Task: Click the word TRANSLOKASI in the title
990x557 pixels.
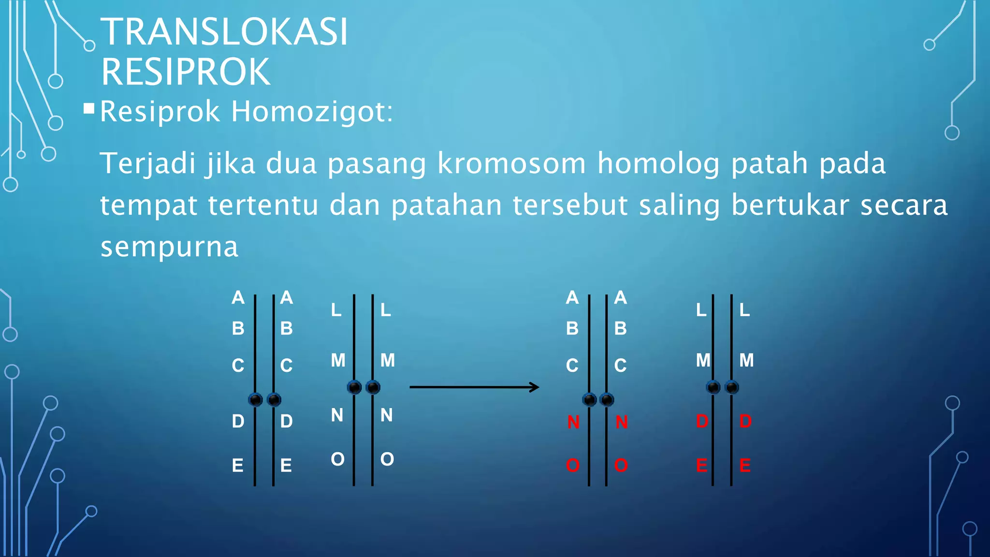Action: pyautogui.click(x=224, y=32)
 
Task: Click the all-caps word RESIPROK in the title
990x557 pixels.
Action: pyautogui.click(x=186, y=72)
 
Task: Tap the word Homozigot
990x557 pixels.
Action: pyautogui.click(x=312, y=112)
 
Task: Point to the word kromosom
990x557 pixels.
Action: pyautogui.click(x=511, y=163)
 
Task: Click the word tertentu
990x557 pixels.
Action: pyautogui.click(x=263, y=205)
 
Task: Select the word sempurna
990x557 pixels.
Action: pyautogui.click(x=169, y=247)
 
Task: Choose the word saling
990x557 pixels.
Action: pyautogui.click(x=679, y=205)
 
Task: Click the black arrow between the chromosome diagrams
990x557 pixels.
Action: pyautogui.click(x=474, y=387)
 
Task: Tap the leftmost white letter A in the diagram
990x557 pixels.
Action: pyautogui.click(x=238, y=297)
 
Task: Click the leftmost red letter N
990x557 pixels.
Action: pyautogui.click(x=573, y=422)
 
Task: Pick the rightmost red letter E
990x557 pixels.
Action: pyautogui.click(x=745, y=466)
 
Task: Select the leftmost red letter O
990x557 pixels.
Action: pyautogui.click(x=573, y=466)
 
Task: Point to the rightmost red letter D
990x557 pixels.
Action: pyautogui.click(x=745, y=422)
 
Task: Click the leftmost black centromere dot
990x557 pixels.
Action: pyautogui.click(x=255, y=399)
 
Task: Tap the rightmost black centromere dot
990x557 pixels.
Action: pyautogui.click(x=732, y=387)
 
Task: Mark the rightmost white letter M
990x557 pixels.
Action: pyautogui.click(x=746, y=360)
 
